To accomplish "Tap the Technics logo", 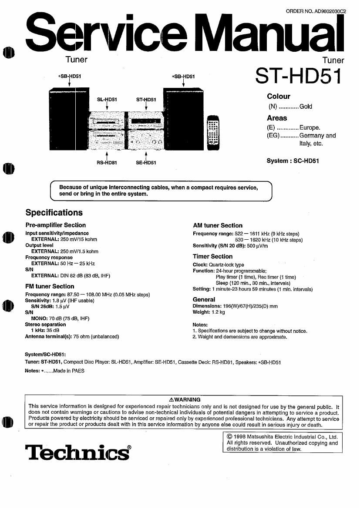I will [78, 452].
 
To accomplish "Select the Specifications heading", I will [54, 213].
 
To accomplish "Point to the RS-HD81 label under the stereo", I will [107, 163].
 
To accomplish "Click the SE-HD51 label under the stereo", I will [146, 163].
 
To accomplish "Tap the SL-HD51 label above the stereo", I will [107, 100].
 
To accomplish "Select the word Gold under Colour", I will [306, 107].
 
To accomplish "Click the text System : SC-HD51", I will [293, 161].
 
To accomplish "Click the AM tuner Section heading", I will [218, 225].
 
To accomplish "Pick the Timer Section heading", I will [213, 256].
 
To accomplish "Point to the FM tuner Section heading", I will [50, 286].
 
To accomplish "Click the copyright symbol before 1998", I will [229, 437].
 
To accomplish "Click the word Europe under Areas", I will [310, 128].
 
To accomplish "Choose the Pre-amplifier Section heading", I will [56, 225].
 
